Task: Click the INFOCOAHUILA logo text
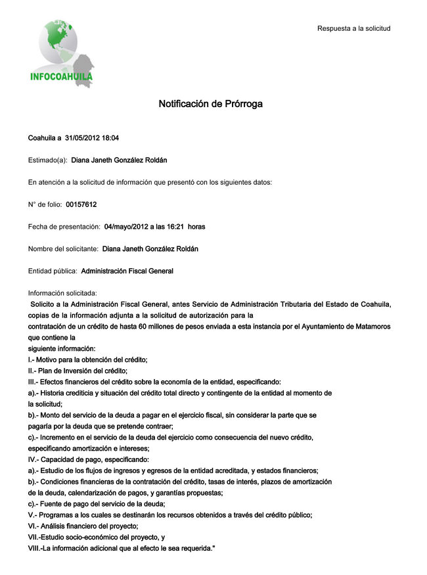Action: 61,76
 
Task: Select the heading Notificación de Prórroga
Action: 210,104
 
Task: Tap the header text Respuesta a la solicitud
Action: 353,28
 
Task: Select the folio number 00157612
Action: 81,204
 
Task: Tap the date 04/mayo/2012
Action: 125,227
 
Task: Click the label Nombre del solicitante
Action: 63,249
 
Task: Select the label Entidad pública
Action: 53,271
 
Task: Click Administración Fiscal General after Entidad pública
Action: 127,271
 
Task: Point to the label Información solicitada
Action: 62,293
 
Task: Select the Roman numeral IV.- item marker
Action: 34,459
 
